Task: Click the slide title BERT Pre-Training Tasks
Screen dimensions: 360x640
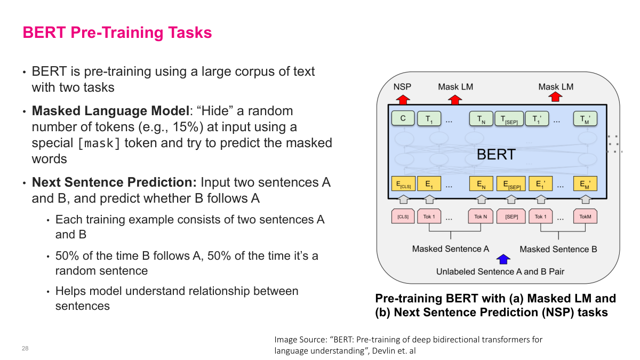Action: (x=117, y=33)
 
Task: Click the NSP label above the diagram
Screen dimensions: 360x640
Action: (x=402, y=86)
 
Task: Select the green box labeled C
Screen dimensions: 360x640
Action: (x=403, y=118)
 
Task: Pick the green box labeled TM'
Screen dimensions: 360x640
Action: (x=585, y=119)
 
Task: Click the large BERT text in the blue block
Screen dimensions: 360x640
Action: (x=496, y=154)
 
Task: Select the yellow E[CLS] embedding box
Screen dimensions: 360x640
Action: (x=403, y=184)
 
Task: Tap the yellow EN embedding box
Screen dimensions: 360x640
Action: (x=481, y=184)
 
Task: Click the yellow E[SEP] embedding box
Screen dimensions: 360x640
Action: (x=510, y=184)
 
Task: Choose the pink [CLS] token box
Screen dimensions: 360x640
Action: (x=403, y=217)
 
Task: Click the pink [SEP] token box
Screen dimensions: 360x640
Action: (x=510, y=217)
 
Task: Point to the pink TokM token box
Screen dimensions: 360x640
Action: (x=585, y=217)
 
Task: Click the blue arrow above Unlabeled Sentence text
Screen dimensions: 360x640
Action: (x=503, y=259)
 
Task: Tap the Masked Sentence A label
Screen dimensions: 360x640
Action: (x=451, y=249)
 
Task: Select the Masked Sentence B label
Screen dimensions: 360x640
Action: (x=558, y=249)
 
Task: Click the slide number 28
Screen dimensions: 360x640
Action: (x=25, y=348)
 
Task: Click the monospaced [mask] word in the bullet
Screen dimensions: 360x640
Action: (x=99, y=143)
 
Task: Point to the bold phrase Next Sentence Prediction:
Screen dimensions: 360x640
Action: (x=115, y=182)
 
